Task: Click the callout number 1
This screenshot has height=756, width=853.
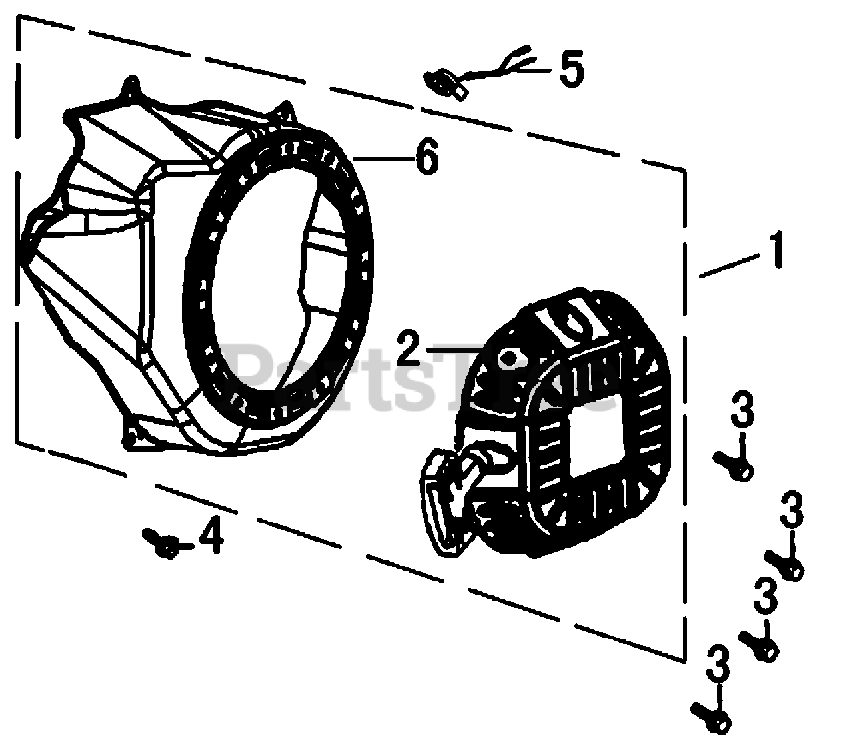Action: tap(774, 250)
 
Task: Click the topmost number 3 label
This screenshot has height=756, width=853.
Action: tap(742, 412)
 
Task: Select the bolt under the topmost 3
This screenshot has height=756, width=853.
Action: tap(733, 465)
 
